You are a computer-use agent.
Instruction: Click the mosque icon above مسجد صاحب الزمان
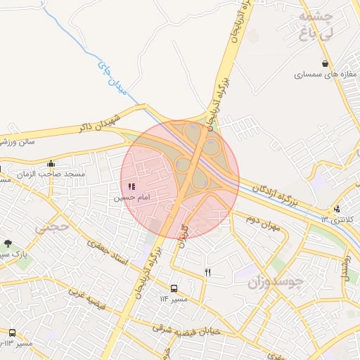(51, 164)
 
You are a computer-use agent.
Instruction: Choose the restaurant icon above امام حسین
(131, 187)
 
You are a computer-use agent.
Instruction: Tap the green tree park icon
(8, 243)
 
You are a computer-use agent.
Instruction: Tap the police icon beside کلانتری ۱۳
(337, 209)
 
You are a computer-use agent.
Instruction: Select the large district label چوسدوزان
(275, 282)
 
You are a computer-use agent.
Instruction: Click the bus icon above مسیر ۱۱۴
(174, 288)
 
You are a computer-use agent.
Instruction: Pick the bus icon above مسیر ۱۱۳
(12, 333)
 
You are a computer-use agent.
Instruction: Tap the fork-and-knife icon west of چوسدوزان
(207, 271)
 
